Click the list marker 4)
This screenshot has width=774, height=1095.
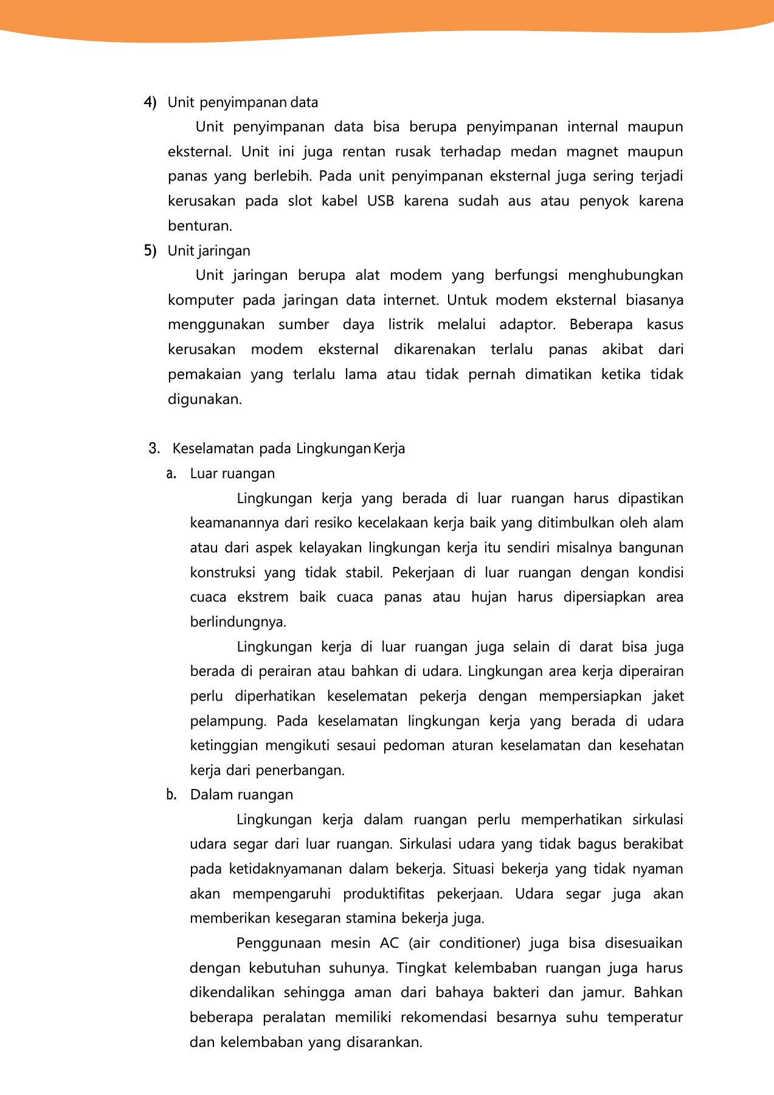tap(150, 102)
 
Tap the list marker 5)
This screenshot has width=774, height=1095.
tap(150, 251)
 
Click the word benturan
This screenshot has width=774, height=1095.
tap(200, 226)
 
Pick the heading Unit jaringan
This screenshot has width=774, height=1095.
tap(209, 251)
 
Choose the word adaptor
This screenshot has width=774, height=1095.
tap(527, 325)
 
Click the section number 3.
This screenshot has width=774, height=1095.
tap(154, 449)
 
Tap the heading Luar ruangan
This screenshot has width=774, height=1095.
tap(232, 474)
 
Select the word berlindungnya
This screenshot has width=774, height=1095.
tap(238, 622)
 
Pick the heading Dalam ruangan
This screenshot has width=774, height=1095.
tap(241, 795)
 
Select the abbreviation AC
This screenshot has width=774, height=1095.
tap(389, 944)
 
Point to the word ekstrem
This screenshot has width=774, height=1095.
tap(263, 597)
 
